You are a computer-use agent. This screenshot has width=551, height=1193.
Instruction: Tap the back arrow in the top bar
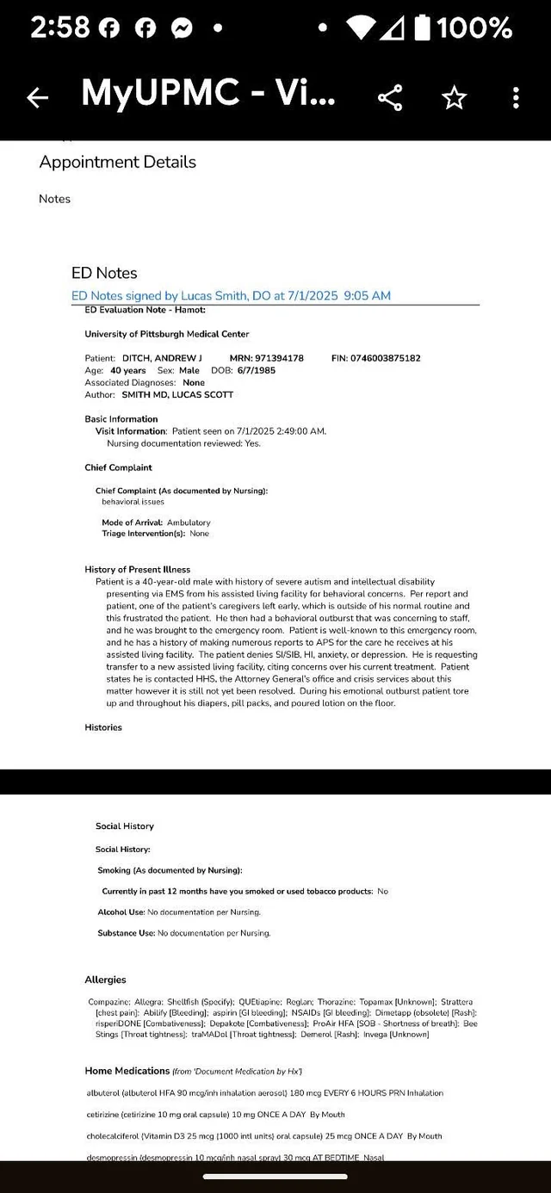[37, 98]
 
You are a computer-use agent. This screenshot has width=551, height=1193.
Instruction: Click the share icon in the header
[390, 98]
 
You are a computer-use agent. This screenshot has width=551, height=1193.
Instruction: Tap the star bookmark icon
[453, 98]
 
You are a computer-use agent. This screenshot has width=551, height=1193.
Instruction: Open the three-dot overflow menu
[516, 98]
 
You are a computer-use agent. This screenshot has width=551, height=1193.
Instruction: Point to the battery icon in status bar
[422, 28]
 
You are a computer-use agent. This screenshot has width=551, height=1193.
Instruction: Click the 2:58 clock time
[59, 28]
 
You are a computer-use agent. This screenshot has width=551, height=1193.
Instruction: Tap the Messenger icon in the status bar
[181, 28]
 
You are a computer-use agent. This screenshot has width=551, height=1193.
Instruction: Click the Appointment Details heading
[117, 162]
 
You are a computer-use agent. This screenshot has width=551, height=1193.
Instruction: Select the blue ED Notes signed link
[231, 295]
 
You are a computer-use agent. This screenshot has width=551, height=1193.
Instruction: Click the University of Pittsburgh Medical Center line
[167, 334]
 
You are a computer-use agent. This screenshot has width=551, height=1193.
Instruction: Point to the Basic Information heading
[121, 419]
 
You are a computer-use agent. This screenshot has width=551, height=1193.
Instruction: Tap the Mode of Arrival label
[133, 522]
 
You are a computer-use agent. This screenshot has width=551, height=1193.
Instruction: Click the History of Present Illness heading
[137, 569]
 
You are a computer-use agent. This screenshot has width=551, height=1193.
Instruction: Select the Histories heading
[103, 727]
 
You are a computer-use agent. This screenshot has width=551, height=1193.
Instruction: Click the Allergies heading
[105, 980]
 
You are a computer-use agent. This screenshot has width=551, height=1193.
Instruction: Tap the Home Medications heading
[127, 1071]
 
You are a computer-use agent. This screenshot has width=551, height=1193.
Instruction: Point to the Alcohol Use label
[121, 912]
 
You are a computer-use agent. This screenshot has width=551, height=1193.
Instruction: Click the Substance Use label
[126, 933]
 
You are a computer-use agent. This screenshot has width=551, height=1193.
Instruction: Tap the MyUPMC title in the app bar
[207, 93]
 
